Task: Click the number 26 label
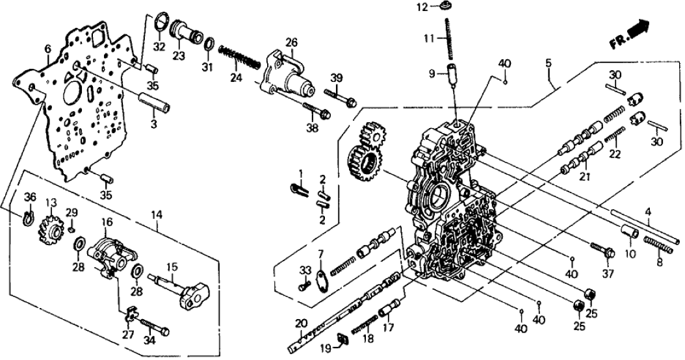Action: coord(291,42)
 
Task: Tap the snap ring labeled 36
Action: coord(28,216)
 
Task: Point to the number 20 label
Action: coord(300,323)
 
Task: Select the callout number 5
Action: coord(549,64)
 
